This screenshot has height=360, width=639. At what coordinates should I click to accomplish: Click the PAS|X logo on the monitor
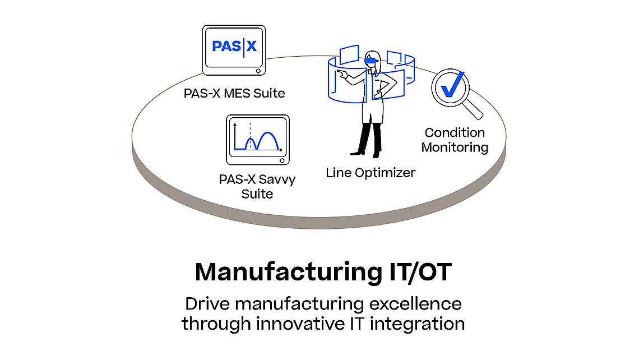coord(234,46)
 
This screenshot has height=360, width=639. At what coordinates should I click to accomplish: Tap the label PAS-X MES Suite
coord(234,93)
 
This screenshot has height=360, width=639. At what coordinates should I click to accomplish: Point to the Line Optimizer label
coord(371,173)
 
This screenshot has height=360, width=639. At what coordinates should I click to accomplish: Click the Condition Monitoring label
coord(455,140)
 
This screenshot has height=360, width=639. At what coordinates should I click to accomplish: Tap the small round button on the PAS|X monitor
coord(257,71)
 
